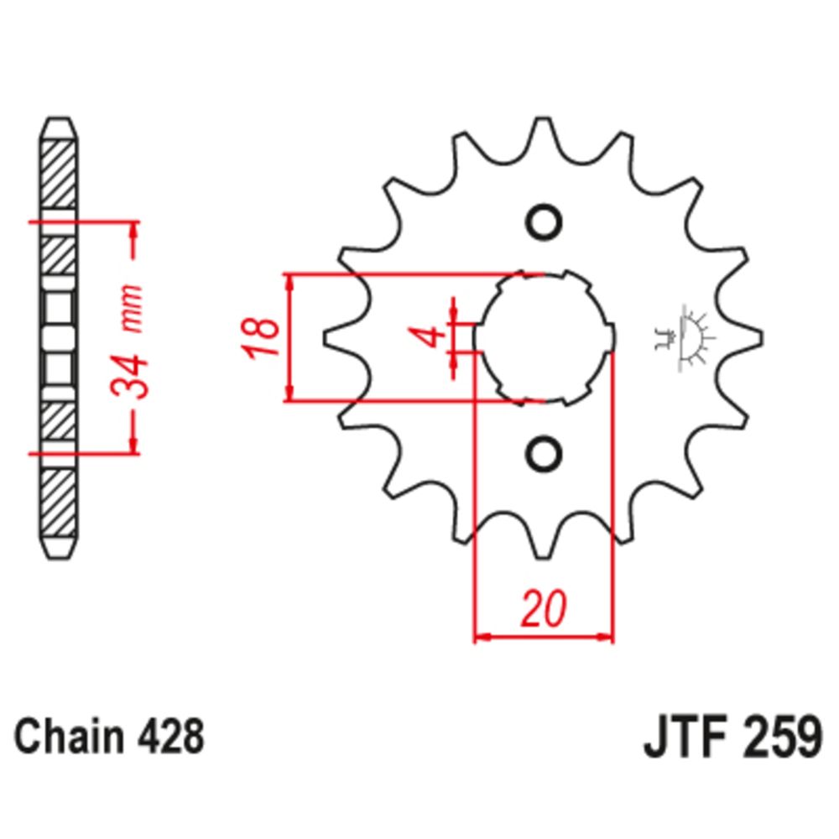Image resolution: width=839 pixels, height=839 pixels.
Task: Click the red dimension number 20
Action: coord(543,610)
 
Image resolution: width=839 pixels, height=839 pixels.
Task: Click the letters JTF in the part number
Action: coord(682,739)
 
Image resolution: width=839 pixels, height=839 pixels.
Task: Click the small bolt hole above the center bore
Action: coord(543,222)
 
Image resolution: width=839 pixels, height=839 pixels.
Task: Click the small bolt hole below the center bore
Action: coord(543,453)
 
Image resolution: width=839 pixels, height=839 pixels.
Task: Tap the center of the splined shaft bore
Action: coord(543,338)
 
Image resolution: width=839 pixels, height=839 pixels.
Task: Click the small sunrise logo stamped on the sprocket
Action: coord(685,337)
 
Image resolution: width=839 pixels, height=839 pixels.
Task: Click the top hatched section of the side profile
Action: coord(58,177)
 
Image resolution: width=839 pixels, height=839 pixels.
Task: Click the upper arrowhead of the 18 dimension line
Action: coord(290,282)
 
